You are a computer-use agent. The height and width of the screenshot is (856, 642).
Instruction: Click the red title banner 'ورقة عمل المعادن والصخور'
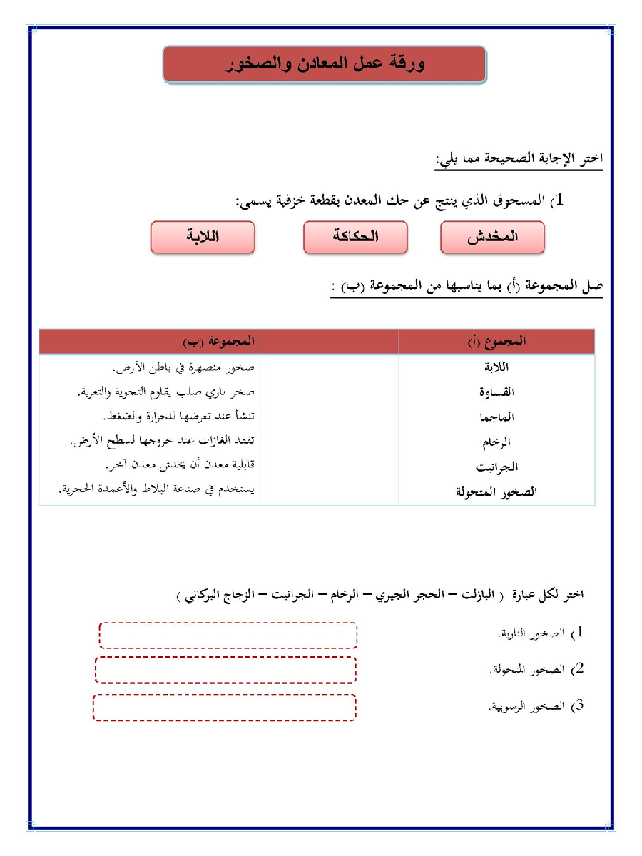pos(325,64)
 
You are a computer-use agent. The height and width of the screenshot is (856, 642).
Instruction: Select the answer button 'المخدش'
pos(492,238)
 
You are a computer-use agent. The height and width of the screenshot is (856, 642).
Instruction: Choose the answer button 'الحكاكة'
pos(355,238)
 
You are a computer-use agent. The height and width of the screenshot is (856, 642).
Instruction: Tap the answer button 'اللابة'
pos(203,238)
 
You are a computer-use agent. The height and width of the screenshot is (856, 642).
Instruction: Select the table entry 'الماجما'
pos(497,417)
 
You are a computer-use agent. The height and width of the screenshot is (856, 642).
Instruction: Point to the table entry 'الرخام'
pos(498,442)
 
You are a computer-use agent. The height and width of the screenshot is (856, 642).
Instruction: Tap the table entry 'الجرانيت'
pos(496,467)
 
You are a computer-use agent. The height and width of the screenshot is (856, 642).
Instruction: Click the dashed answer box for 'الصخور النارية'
pos(228,635)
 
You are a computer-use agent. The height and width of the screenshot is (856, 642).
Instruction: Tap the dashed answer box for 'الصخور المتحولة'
pos(225,670)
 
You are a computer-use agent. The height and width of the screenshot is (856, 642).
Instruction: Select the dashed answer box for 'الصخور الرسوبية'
pos(224,707)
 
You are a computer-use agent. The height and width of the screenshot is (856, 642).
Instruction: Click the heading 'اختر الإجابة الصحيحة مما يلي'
pos(519,158)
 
